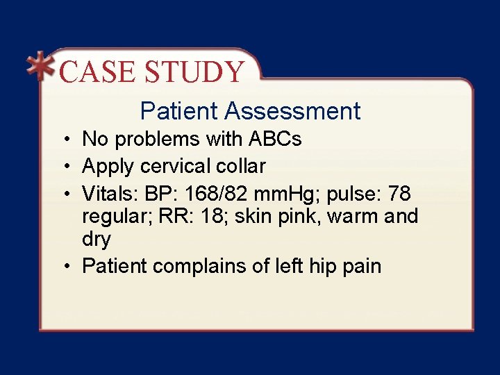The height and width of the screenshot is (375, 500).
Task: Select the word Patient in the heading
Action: (178, 111)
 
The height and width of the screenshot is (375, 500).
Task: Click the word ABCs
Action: (275, 140)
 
